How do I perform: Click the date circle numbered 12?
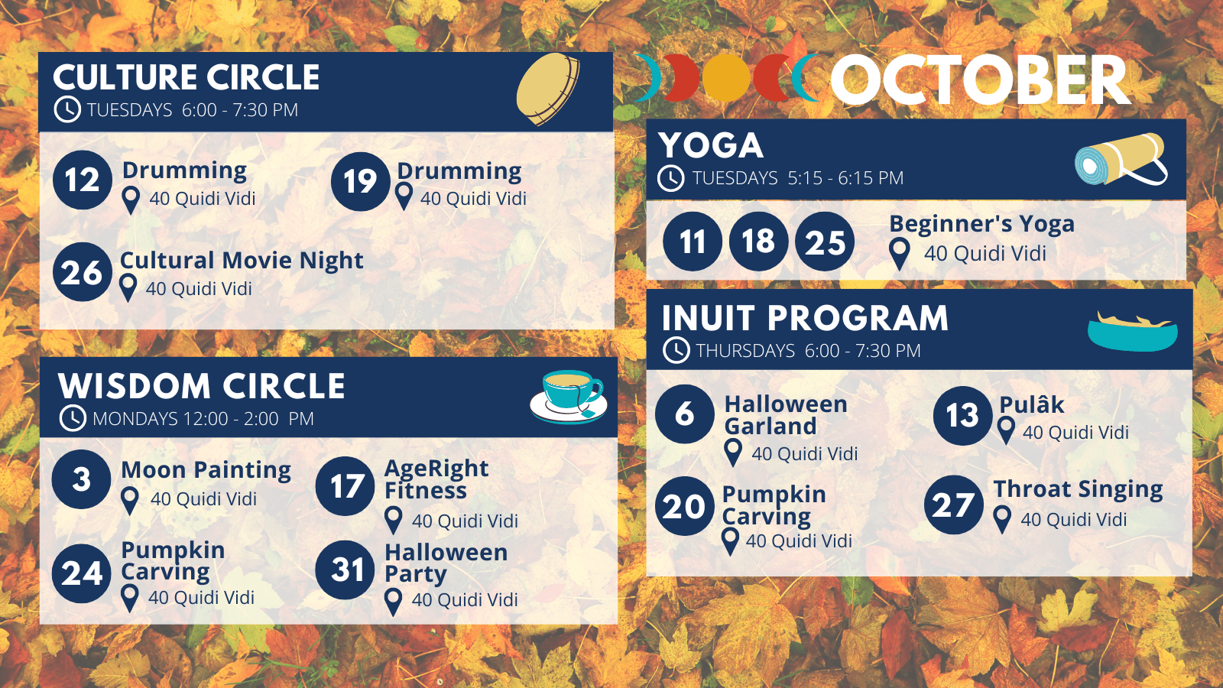83,180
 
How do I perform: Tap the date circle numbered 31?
345,570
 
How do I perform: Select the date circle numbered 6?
685,414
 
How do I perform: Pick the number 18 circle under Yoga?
758,241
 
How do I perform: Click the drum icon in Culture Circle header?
547,89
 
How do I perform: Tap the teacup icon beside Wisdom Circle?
569,397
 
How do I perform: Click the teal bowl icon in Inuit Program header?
1132,332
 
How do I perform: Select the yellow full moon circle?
726,78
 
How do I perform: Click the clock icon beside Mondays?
73,418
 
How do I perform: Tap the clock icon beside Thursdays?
676,350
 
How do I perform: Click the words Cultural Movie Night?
242,261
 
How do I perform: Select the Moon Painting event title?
206,470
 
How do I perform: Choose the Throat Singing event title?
1078,490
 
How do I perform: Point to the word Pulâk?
1031,404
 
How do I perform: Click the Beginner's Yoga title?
981,224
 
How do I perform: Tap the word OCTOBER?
981,80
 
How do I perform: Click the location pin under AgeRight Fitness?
393,520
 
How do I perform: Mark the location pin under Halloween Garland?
733,453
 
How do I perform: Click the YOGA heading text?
710,145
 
